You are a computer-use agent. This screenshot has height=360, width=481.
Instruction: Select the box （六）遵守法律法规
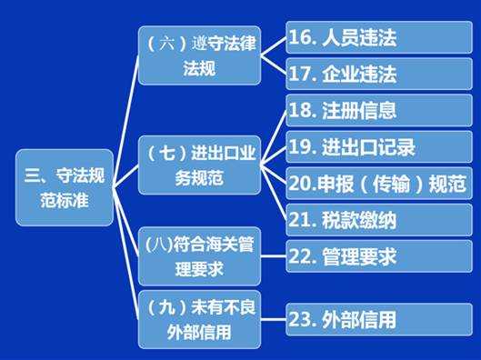tap(198, 55)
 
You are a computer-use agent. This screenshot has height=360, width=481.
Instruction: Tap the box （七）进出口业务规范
tap(198, 165)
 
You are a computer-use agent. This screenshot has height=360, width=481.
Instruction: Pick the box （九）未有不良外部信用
tap(198, 318)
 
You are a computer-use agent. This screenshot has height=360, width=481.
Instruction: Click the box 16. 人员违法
tap(378, 38)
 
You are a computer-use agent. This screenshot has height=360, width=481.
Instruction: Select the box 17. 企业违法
tap(378, 73)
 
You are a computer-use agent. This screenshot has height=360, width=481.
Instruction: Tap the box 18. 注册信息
tap(378, 111)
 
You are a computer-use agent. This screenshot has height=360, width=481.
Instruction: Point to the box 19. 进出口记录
tap(378, 146)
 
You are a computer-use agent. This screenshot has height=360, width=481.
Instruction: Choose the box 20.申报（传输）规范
tap(378, 183)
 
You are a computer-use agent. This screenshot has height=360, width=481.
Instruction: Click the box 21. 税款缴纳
tap(378, 219)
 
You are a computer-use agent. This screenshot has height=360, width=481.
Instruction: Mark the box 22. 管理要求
tap(378, 257)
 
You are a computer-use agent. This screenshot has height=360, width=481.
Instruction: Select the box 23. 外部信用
tap(378, 319)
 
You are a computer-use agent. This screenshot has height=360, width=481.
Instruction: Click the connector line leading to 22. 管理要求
tap(273, 257)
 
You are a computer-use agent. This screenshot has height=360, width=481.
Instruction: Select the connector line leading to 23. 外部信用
tap(273, 319)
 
